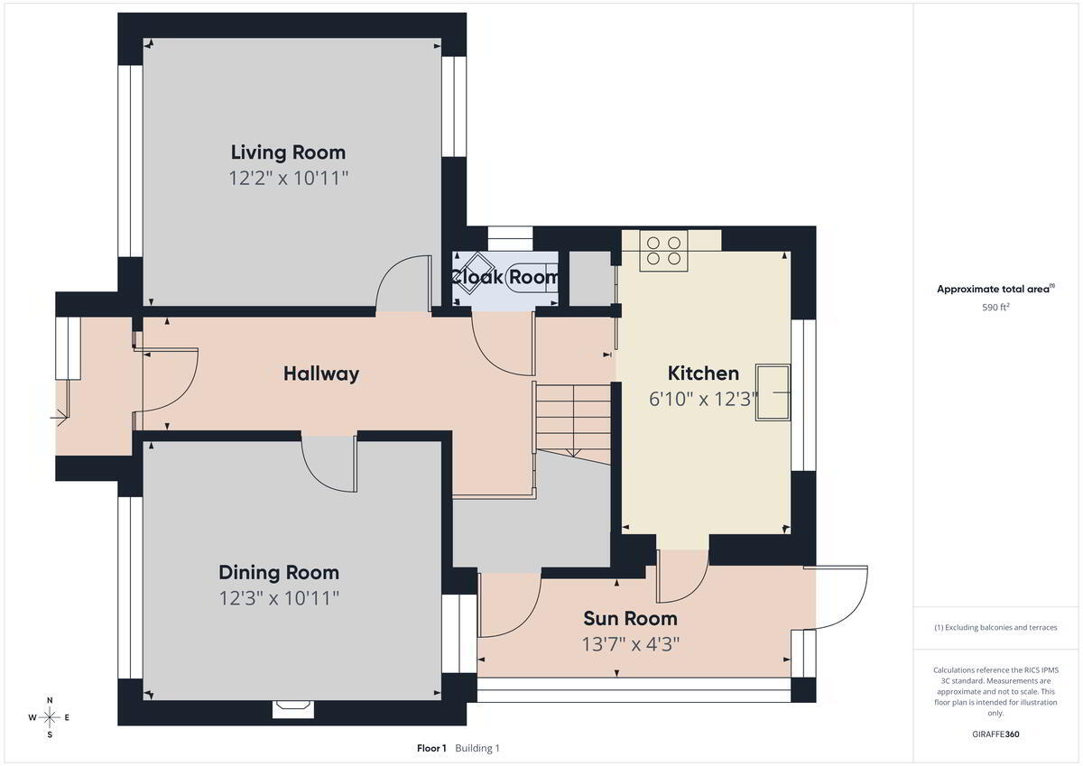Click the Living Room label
tap(288, 152)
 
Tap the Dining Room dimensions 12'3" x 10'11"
tap(279, 598)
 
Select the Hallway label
tap(321, 374)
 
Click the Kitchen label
tap(703, 374)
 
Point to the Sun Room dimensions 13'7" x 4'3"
tap(631, 644)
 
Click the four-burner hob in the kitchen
tap(664, 251)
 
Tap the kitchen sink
tap(773, 392)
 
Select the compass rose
tap(50, 717)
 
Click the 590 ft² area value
tap(996, 308)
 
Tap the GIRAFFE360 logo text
tap(996, 734)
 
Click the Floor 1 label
tap(431, 748)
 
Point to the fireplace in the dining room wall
tap(293, 709)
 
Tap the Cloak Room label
tap(504, 277)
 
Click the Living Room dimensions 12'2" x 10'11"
tap(289, 179)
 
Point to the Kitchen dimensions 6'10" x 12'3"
tap(703, 399)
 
